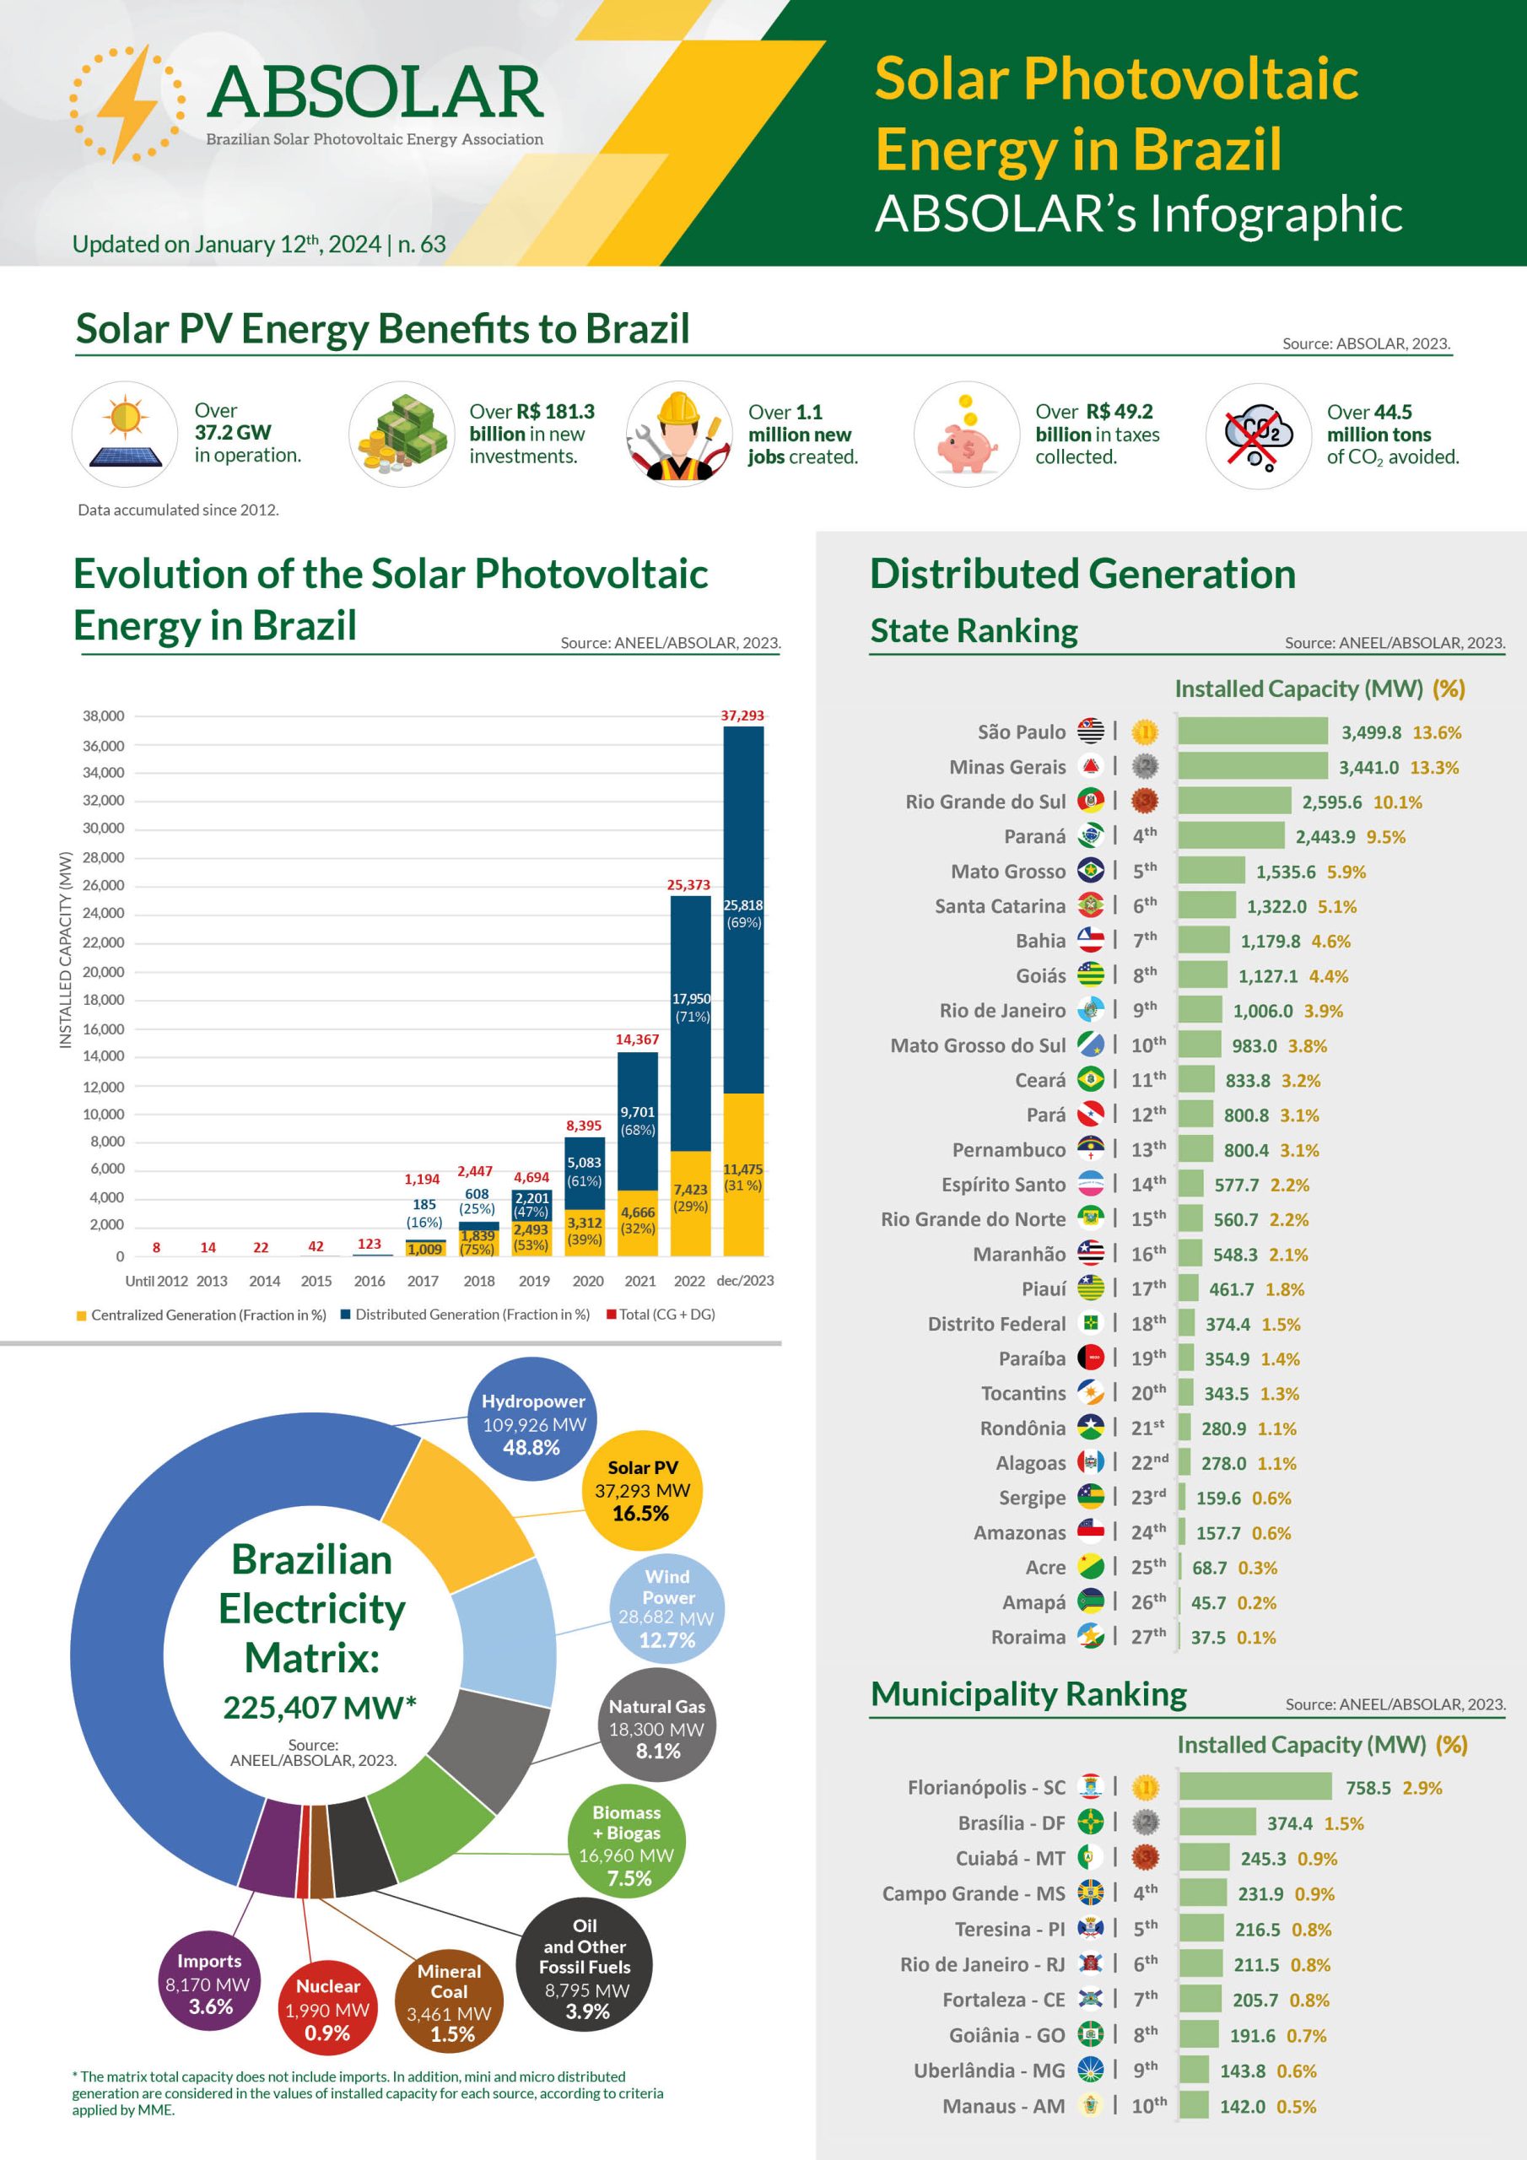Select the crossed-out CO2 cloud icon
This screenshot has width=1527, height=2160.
(1258, 435)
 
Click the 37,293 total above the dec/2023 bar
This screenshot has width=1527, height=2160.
(742, 716)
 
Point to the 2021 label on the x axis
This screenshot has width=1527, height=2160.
(639, 1280)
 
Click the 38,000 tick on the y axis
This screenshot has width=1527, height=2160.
(104, 716)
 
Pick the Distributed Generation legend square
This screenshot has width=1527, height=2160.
(345, 1315)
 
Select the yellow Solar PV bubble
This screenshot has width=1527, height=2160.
(642, 1490)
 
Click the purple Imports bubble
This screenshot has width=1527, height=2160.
(209, 1983)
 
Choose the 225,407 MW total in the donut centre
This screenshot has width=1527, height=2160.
(319, 1707)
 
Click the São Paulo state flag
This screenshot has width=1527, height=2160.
(1091, 731)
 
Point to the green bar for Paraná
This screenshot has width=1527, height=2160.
(1231, 835)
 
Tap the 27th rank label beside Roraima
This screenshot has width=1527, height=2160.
(1148, 1637)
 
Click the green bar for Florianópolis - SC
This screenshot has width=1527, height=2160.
(1255, 1786)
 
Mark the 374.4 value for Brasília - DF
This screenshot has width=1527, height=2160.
(1289, 1823)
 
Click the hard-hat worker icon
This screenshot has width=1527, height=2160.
(679, 435)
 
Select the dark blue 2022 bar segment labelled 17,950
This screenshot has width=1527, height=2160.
(691, 1023)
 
